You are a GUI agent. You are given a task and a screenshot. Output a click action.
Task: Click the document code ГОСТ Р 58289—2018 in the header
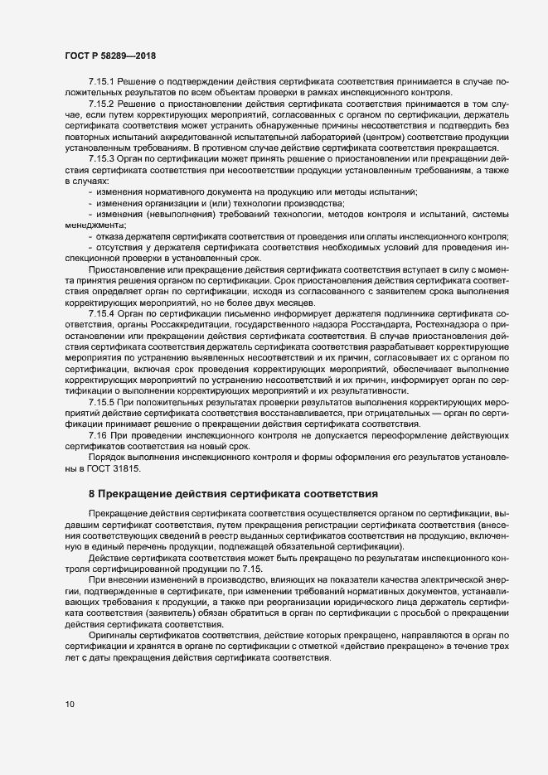point(110,56)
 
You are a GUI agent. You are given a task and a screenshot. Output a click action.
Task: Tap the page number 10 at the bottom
point(70,705)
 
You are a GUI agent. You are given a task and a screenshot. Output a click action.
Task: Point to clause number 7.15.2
point(103,104)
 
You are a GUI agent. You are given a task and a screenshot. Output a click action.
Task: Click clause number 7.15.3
point(103,157)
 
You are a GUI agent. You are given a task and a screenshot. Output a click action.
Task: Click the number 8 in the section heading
point(92,494)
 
